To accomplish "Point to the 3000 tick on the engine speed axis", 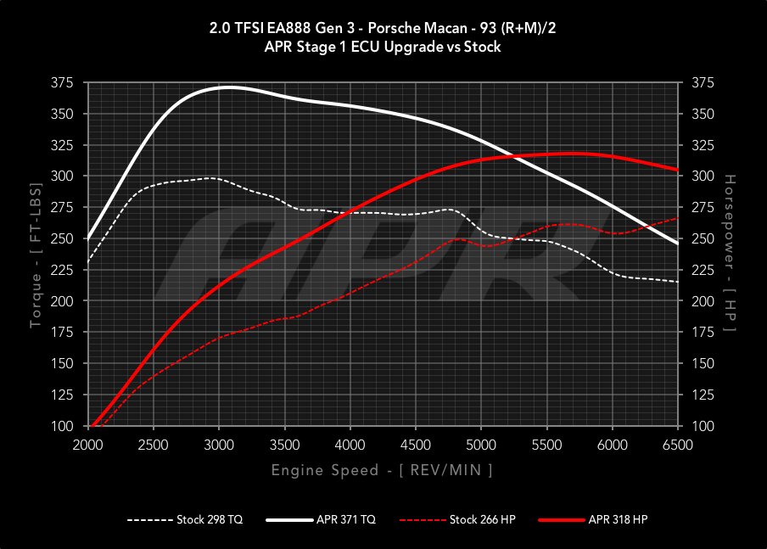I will click(219, 445).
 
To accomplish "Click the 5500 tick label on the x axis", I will click(546, 445).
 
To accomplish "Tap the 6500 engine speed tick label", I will click(677, 445).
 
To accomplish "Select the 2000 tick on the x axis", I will click(88, 445).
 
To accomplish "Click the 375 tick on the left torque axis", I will click(62, 83).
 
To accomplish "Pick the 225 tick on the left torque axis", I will click(62, 270).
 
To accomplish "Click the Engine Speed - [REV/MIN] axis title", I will click(382, 469).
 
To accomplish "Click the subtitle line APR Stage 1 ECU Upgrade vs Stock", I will click(383, 48).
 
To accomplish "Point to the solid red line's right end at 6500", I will click(677, 170).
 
